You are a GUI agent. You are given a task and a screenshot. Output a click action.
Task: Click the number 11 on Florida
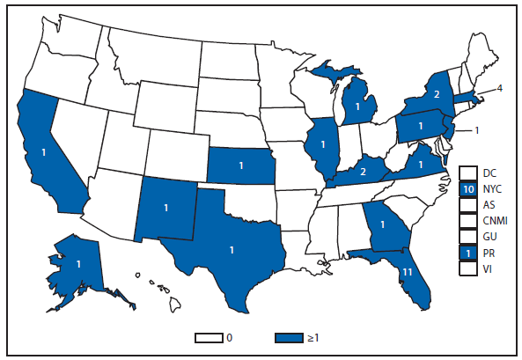[408, 273]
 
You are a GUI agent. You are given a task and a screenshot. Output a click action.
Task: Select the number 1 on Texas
[231, 250]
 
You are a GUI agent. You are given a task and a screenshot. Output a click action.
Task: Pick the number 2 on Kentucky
[363, 172]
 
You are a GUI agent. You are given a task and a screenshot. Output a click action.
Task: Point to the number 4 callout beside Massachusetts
[499, 88]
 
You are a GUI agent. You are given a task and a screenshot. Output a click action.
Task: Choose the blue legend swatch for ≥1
[290, 337]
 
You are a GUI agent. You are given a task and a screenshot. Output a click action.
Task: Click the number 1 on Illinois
[325, 144]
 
